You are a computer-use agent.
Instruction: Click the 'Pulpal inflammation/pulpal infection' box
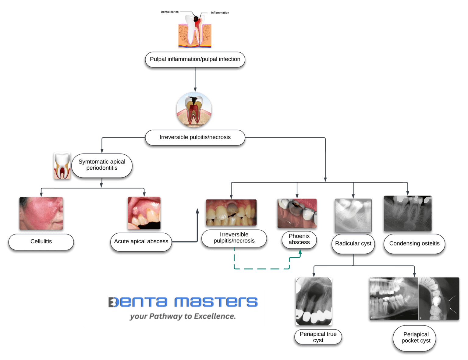click(x=195, y=59)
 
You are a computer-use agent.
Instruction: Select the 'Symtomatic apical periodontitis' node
click(x=102, y=165)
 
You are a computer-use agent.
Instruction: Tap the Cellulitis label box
click(x=41, y=242)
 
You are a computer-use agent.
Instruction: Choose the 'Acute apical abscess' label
click(x=141, y=242)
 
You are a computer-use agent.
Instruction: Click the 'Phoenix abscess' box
click(x=299, y=239)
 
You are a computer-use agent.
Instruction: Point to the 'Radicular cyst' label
click(x=353, y=244)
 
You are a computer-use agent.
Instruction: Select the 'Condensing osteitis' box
click(x=414, y=244)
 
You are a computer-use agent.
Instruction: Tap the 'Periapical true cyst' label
click(x=318, y=337)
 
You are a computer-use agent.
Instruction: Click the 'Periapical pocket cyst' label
click(x=416, y=337)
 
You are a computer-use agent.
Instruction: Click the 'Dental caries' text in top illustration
click(x=170, y=12)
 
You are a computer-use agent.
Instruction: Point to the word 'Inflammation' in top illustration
click(x=220, y=13)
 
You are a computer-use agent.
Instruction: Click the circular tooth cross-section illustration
click(x=194, y=110)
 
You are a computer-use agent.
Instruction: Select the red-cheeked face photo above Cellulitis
click(x=41, y=213)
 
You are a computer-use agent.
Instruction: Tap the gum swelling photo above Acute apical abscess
click(x=144, y=213)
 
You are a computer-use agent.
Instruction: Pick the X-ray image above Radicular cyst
click(x=353, y=215)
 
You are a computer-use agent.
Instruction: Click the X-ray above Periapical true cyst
click(x=314, y=301)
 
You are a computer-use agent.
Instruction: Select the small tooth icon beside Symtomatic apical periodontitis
click(x=62, y=166)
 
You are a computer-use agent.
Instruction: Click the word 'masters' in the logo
click(x=216, y=302)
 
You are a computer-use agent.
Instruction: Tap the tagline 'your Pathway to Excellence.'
click(x=183, y=316)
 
